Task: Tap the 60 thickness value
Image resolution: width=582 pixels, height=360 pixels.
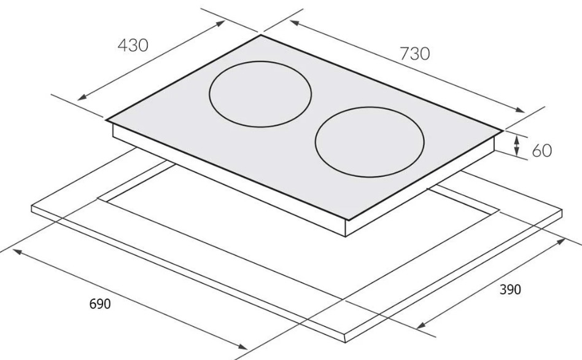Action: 541,151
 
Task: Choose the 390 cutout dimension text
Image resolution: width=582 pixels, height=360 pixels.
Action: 510,289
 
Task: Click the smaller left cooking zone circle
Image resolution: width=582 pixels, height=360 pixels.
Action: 260,94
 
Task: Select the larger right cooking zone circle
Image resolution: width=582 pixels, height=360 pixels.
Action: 370,143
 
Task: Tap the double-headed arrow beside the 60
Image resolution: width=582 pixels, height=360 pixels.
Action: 517,146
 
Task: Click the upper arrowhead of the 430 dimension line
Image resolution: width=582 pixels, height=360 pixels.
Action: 222,23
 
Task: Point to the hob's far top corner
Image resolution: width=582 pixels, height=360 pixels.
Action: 261,35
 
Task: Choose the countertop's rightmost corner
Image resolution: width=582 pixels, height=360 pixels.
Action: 562,211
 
